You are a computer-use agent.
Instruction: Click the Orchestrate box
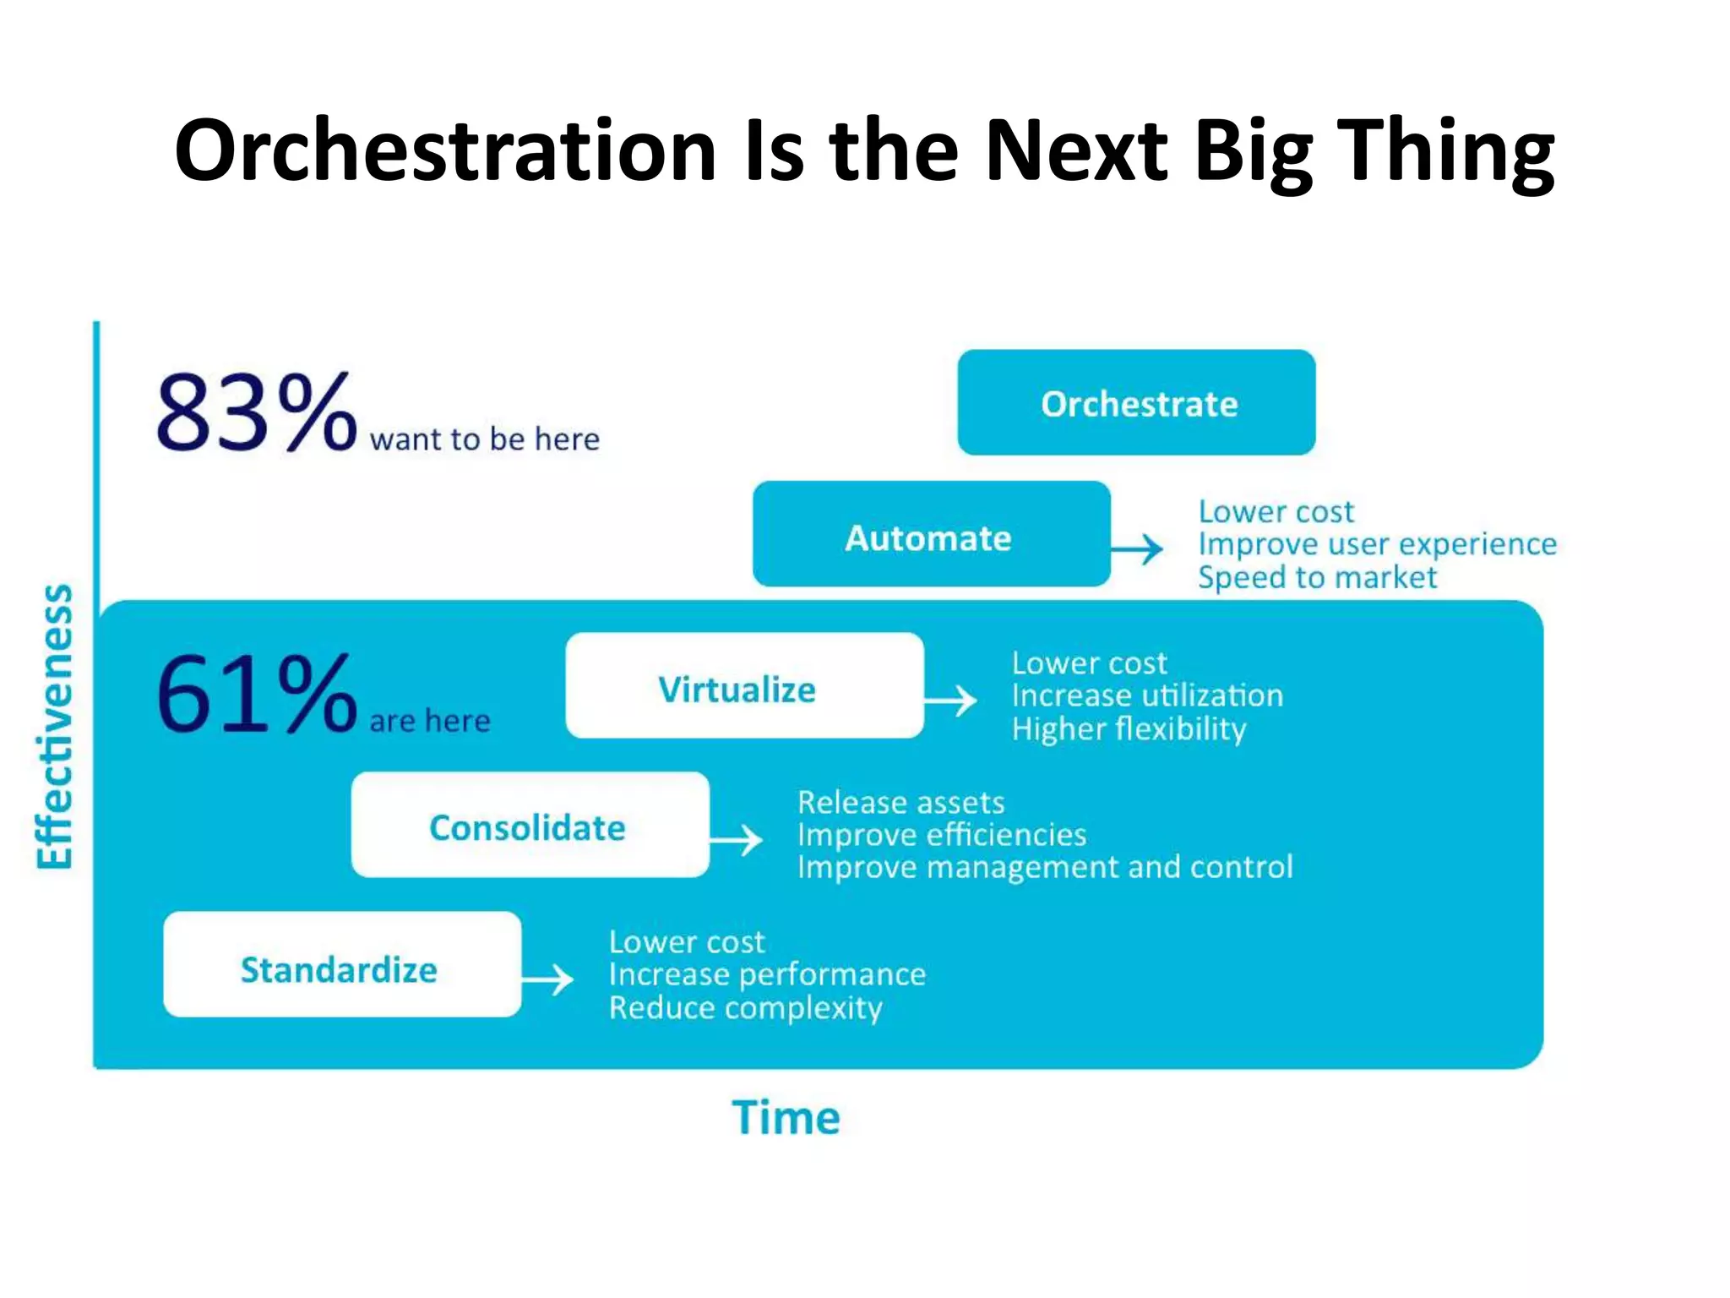(x=1136, y=403)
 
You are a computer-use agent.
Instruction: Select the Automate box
(x=931, y=535)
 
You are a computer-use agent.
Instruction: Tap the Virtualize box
(x=744, y=686)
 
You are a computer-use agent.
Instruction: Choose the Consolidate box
(x=530, y=826)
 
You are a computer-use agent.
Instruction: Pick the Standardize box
(x=342, y=965)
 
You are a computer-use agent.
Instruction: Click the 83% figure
(x=256, y=413)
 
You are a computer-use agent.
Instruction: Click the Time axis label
(x=786, y=1117)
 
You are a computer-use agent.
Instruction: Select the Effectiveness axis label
(x=55, y=727)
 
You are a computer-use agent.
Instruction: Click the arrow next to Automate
(x=1139, y=549)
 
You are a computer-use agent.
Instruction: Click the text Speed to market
(x=1316, y=578)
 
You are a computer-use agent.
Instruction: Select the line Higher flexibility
(x=1129, y=729)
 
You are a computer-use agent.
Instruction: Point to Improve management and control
(x=1044, y=868)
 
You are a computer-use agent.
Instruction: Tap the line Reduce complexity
(x=745, y=1008)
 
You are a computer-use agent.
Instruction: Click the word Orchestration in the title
(x=445, y=150)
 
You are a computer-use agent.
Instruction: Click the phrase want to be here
(x=484, y=439)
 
